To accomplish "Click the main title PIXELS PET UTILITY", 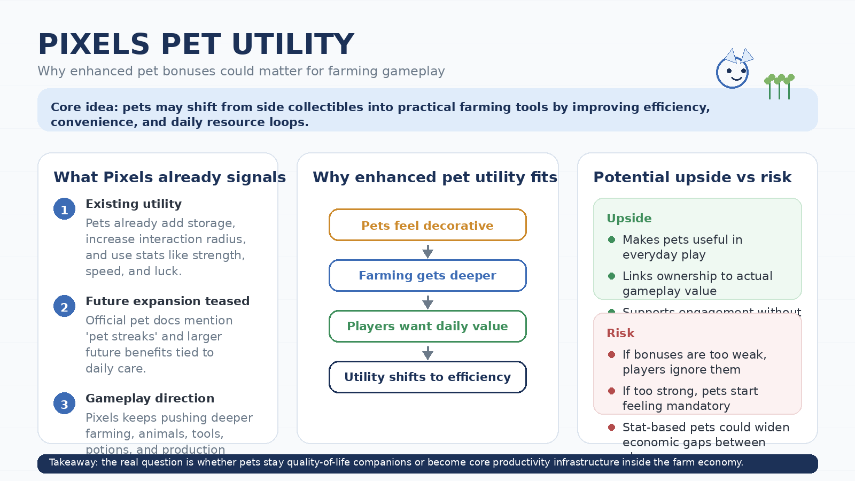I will pyautogui.click(x=196, y=44).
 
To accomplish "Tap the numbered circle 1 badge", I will pyautogui.click(x=64, y=209).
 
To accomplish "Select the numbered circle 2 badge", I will pyautogui.click(x=64, y=306).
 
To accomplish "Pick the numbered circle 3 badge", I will pyautogui.click(x=64, y=404).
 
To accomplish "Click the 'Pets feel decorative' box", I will pyautogui.click(x=428, y=225).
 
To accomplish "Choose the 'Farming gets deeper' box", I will pyautogui.click(x=428, y=275).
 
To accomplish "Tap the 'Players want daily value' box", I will pyautogui.click(x=428, y=326).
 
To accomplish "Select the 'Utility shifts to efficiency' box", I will pyautogui.click(x=428, y=377).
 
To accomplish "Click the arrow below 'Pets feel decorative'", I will pyautogui.click(x=428, y=251).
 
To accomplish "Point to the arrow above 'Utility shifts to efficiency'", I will pyautogui.click(x=428, y=352).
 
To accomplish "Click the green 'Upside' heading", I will pyautogui.click(x=629, y=218).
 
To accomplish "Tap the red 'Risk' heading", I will pyautogui.click(x=620, y=333).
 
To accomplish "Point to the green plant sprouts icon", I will pyautogui.click(x=780, y=86).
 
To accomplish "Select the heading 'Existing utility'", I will pyautogui.click(x=134, y=204).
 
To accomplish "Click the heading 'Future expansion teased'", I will pyautogui.click(x=167, y=301).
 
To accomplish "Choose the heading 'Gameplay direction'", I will pyautogui.click(x=150, y=398).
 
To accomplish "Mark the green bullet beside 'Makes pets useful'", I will pyautogui.click(x=612, y=239).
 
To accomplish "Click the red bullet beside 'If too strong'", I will pyautogui.click(x=612, y=391).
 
